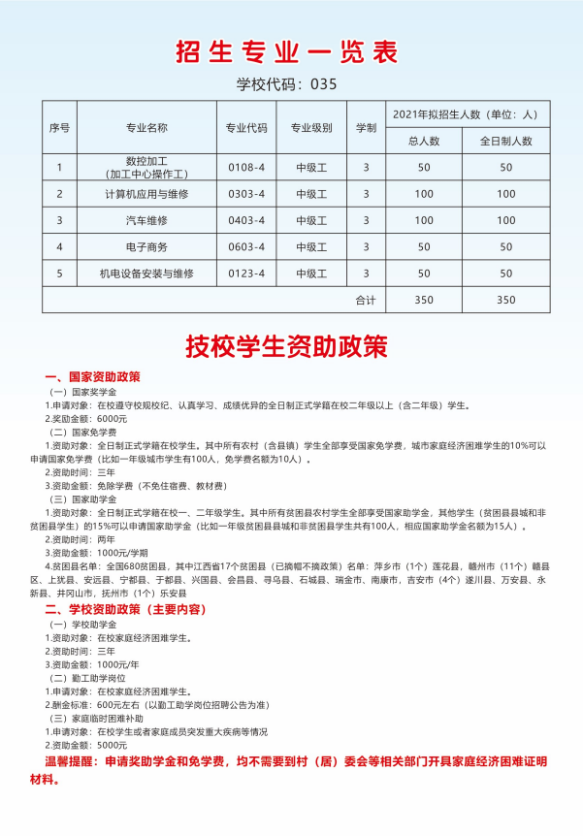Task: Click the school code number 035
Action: click(x=324, y=84)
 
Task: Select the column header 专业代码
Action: click(x=246, y=127)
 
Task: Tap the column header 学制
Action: click(x=366, y=127)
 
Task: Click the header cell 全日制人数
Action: click(x=505, y=141)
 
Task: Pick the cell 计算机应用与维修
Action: click(x=146, y=194)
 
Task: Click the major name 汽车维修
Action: click(x=146, y=220)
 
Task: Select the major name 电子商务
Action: click(x=146, y=246)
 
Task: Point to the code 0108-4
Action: click(x=246, y=168)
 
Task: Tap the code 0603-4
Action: click(x=246, y=246)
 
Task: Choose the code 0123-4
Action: click(x=246, y=273)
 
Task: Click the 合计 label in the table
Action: click(x=366, y=300)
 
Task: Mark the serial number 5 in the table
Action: click(x=59, y=273)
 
